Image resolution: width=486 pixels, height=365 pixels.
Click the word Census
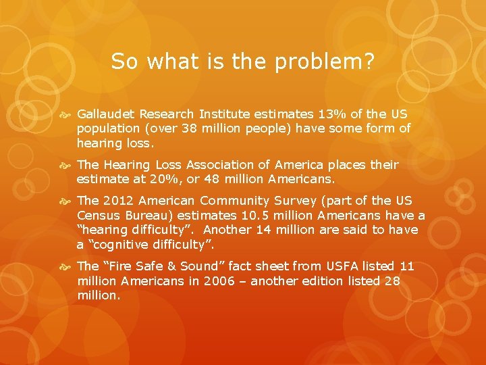99,216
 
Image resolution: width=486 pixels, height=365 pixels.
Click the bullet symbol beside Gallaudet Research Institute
67,114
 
